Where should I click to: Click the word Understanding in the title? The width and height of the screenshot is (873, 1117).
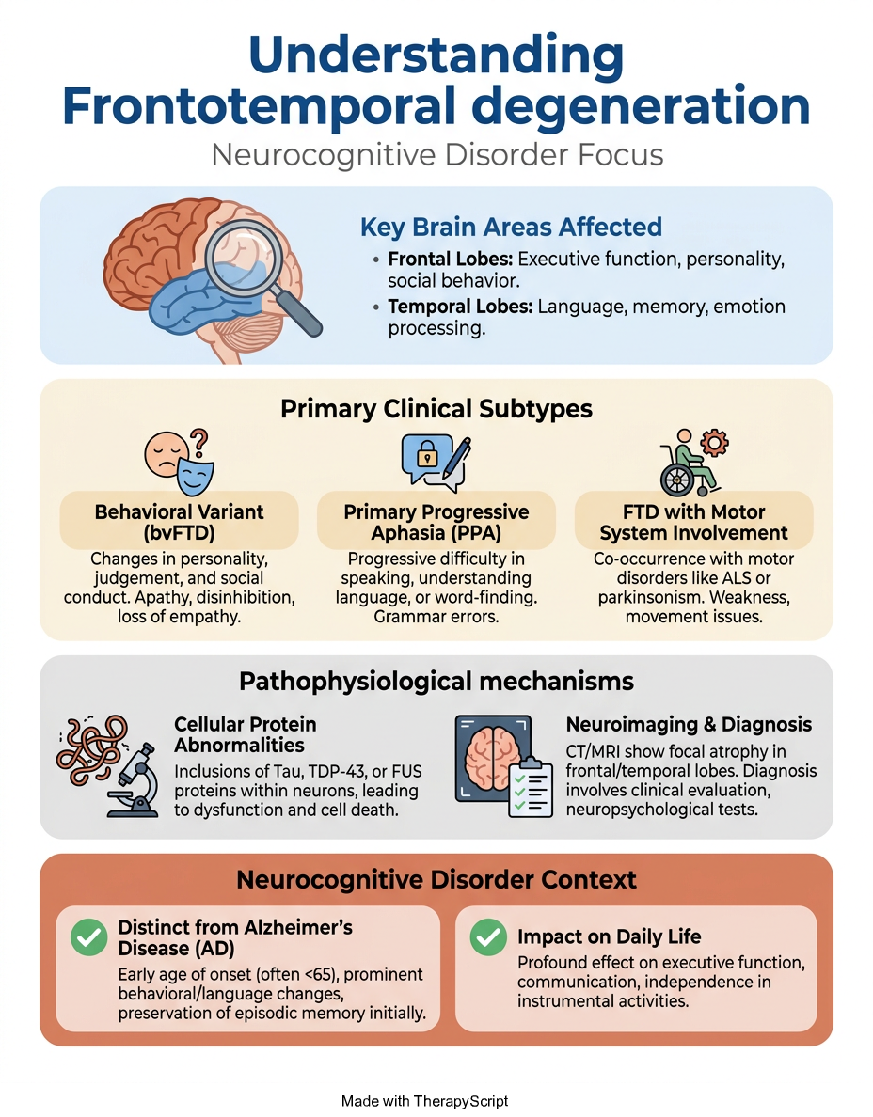(436, 55)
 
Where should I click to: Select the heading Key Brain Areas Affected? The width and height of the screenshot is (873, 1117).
(511, 228)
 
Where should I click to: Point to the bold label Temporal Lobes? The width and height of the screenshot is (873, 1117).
(460, 307)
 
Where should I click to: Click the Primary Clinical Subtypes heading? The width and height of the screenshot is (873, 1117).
(436, 409)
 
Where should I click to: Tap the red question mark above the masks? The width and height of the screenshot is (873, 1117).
(199, 443)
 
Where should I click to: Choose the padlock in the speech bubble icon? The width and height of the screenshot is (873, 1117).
(427, 455)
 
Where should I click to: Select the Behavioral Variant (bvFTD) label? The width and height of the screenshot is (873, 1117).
(179, 522)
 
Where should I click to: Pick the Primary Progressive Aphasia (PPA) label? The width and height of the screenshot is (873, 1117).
(436, 522)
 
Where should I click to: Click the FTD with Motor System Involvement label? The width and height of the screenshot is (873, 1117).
(693, 522)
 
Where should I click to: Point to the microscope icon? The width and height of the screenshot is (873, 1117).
(134, 780)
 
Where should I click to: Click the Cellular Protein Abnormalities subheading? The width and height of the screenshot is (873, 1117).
(246, 734)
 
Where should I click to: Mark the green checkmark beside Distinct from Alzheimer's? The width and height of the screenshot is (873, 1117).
(89, 936)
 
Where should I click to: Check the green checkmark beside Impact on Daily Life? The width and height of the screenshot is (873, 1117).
(489, 936)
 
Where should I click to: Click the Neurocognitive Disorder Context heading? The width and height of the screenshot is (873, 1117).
(436, 880)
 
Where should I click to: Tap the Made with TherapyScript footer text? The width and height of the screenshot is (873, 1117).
(425, 1101)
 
